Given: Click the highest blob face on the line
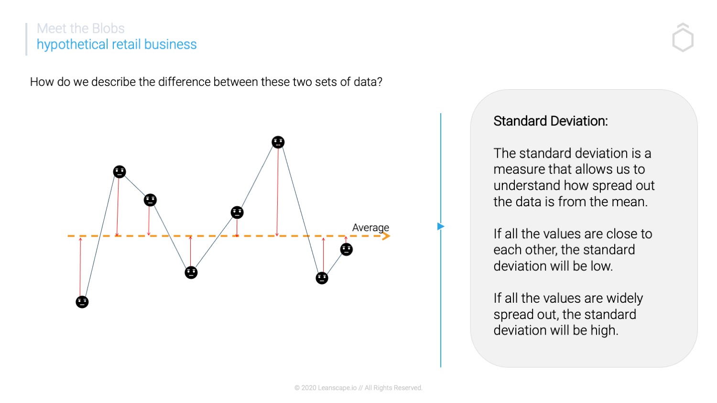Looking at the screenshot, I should [278, 142].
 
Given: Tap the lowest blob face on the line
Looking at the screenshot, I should [82, 302].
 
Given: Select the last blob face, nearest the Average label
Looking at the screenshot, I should [347, 249].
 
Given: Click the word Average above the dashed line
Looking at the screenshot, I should [370, 227].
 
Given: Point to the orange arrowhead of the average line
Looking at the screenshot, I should [386, 236].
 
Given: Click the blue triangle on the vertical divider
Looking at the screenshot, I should [441, 226].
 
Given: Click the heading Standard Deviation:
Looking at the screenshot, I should [551, 121].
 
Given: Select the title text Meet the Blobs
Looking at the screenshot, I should [81, 29].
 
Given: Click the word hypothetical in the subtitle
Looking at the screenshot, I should [72, 44].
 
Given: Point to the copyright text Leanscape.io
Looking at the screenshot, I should [337, 388].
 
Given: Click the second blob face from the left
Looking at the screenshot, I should [119, 172].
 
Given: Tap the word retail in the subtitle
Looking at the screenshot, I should [126, 44].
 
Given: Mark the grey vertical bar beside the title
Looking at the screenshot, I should [26, 39].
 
